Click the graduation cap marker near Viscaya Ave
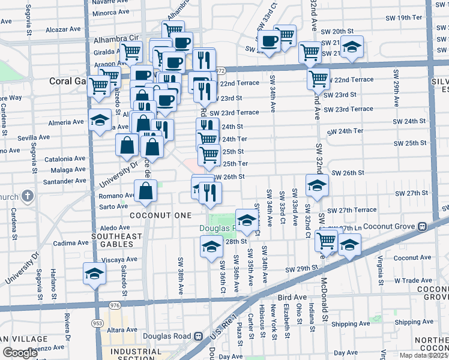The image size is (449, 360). pyautogui.click(x=94, y=274)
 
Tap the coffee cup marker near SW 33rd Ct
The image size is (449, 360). pyautogui.click(x=270, y=42)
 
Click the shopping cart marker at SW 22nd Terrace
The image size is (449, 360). pyautogui.click(x=318, y=78)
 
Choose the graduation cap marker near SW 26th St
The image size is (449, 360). pyautogui.click(x=316, y=185)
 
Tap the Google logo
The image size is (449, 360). pyautogui.click(x=20, y=353)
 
